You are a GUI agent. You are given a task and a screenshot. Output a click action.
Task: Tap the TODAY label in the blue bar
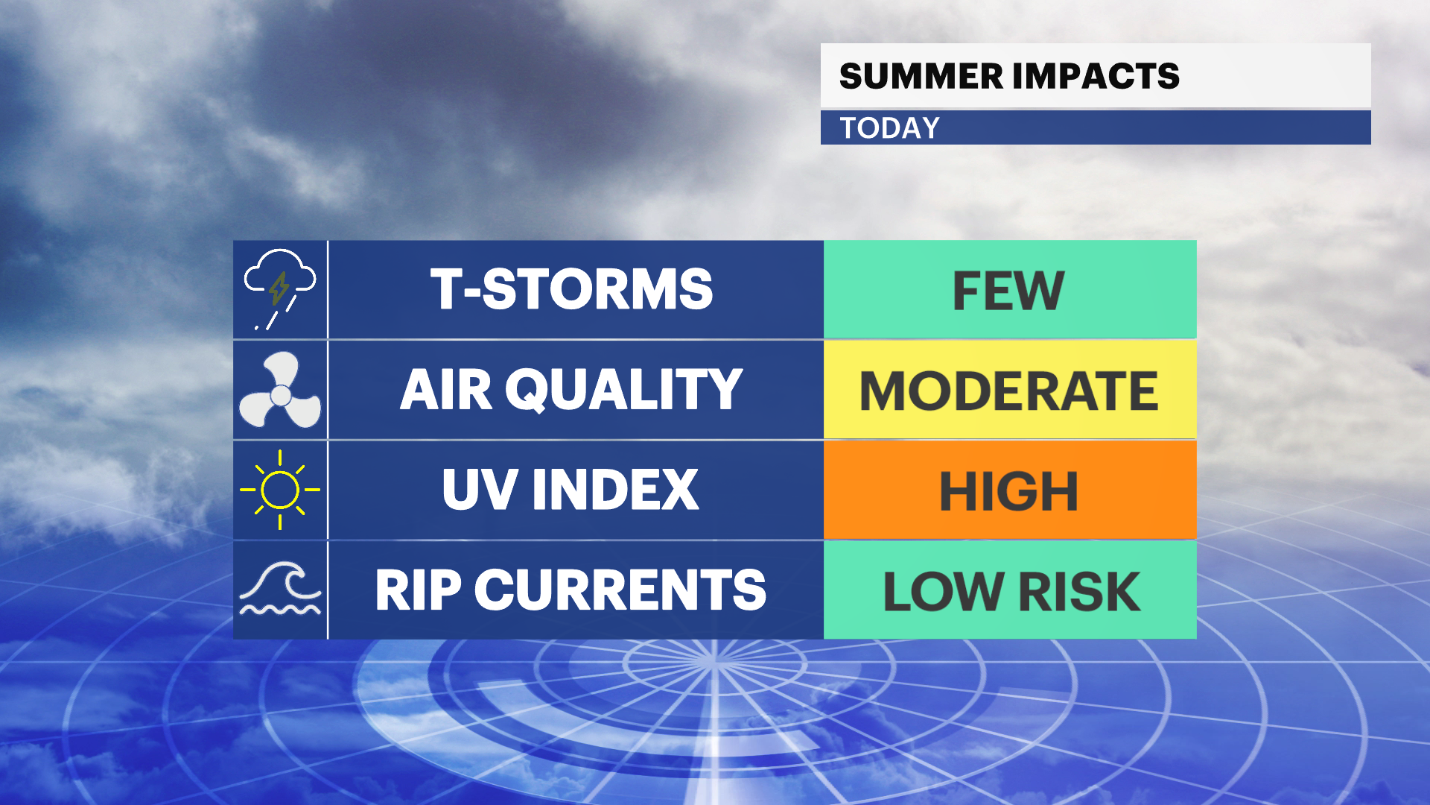tap(890, 128)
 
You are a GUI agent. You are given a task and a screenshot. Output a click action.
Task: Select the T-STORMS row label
tap(572, 289)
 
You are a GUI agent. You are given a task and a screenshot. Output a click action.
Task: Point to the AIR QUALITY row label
tap(572, 389)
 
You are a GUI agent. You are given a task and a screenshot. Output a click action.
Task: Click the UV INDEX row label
tap(571, 490)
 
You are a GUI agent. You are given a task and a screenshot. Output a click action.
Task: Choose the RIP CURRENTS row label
tap(571, 590)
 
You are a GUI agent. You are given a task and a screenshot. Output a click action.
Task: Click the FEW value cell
tap(1010, 289)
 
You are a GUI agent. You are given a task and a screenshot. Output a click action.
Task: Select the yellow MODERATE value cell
tap(1010, 390)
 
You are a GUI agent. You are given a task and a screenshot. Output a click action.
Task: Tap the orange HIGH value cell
tap(1010, 490)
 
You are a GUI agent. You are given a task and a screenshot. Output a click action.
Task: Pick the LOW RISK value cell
tap(1010, 590)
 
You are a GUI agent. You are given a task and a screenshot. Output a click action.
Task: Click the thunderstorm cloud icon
tap(280, 289)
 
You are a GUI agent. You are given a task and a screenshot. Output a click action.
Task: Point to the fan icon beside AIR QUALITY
tap(280, 391)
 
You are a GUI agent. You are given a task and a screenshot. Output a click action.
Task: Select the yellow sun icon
tap(280, 490)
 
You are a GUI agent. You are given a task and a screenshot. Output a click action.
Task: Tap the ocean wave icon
tap(280, 590)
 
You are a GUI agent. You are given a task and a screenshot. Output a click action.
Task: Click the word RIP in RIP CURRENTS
tap(419, 590)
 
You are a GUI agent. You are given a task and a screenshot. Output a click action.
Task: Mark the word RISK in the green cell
tap(1079, 592)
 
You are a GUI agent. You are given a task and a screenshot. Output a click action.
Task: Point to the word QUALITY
tap(624, 390)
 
